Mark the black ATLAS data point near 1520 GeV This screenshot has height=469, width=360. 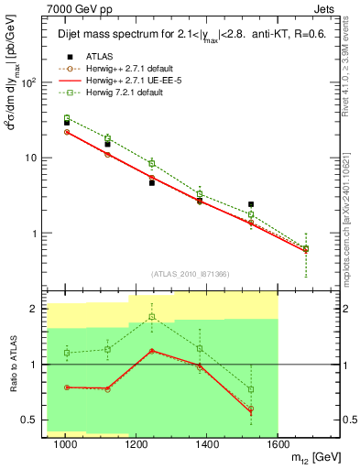[x=251, y=204]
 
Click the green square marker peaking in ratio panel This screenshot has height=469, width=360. [x=152, y=317]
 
